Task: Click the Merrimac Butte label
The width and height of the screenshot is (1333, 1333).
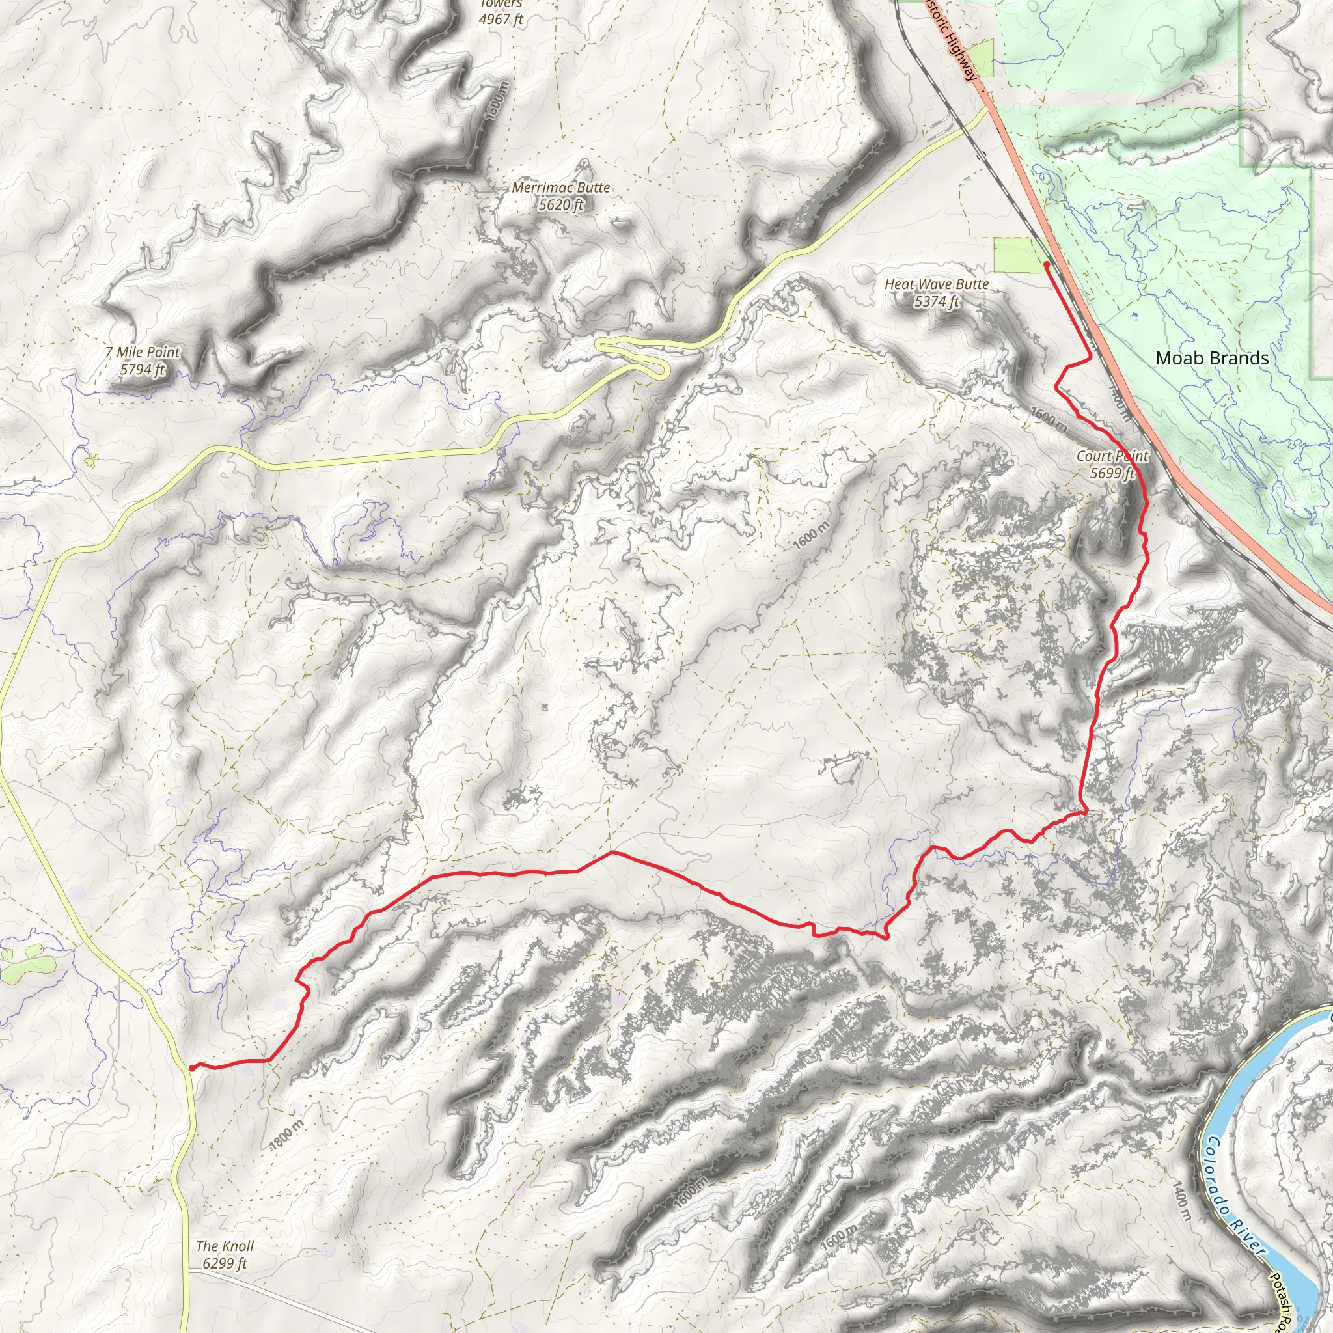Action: pyautogui.click(x=561, y=187)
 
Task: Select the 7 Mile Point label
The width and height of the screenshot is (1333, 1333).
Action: pyautogui.click(x=142, y=352)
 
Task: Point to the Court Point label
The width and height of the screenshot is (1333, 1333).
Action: pyautogui.click(x=1112, y=456)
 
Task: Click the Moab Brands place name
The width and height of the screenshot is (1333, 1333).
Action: pyautogui.click(x=1211, y=358)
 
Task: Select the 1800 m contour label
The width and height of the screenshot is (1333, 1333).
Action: pyautogui.click(x=286, y=1135)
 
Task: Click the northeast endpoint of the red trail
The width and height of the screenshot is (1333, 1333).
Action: pyautogui.click(x=1047, y=264)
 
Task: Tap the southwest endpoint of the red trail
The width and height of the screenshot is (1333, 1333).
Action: pyautogui.click(x=191, y=1068)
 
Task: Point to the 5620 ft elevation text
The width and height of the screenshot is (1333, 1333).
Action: pyautogui.click(x=561, y=205)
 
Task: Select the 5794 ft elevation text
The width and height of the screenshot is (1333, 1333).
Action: pyautogui.click(x=142, y=370)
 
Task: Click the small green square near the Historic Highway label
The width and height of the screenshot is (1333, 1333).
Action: pyautogui.click(x=980, y=59)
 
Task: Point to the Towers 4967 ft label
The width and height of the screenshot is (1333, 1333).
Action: pyautogui.click(x=501, y=12)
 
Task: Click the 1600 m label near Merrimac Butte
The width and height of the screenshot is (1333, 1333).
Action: pyautogui.click(x=497, y=102)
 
